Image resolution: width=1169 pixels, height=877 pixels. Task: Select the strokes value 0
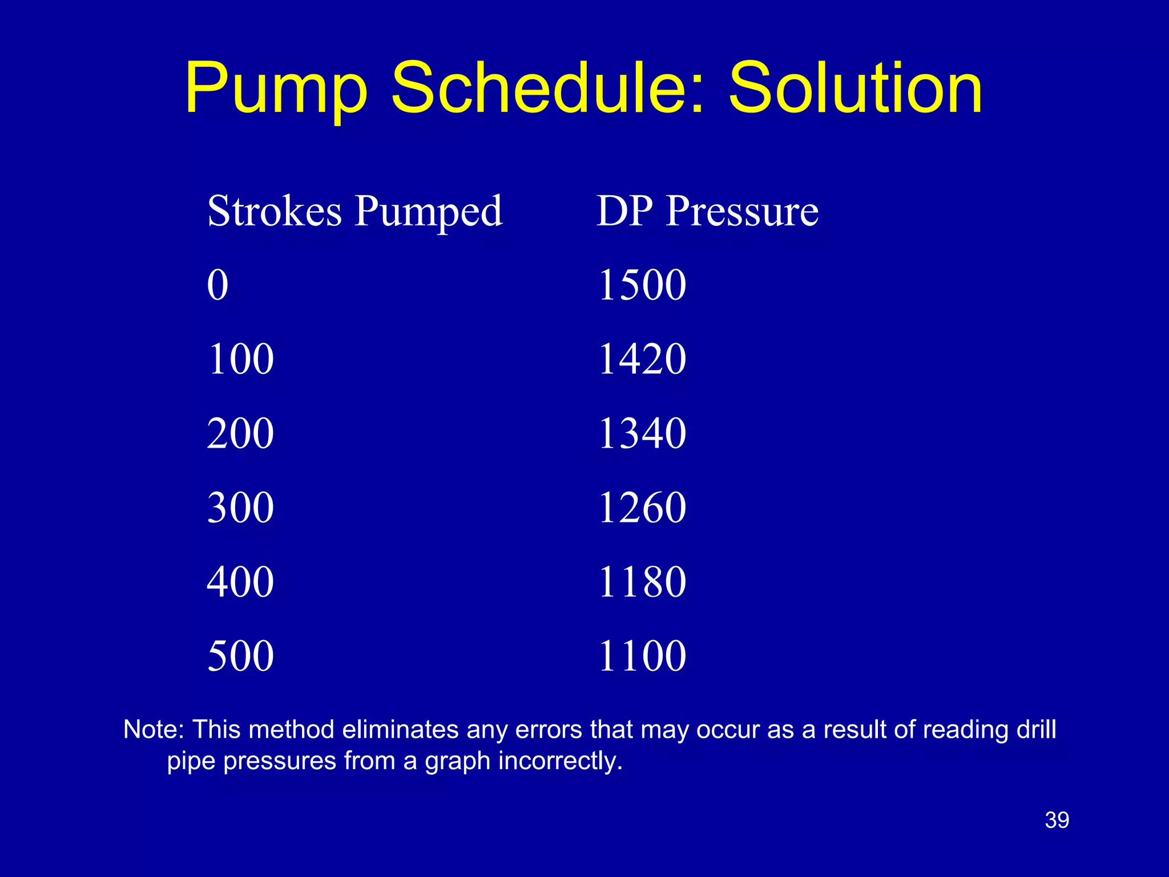point(217,285)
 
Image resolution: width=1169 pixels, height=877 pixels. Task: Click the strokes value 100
point(240,359)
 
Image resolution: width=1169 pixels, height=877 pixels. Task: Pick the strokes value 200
point(240,433)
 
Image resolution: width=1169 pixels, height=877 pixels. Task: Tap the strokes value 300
point(240,508)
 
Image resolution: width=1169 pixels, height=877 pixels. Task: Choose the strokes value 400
point(240,582)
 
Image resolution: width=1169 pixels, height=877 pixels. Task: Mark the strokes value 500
point(240,655)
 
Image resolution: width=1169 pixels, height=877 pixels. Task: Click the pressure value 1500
point(642,285)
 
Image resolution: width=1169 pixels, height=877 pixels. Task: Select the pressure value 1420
point(642,359)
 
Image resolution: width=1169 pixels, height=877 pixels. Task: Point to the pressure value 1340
point(642,433)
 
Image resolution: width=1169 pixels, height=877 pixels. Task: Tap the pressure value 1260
point(642,508)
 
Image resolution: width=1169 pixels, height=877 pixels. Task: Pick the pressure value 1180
point(642,582)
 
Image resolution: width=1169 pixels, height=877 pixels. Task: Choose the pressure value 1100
point(642,655)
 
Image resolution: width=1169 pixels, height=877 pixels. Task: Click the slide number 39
point(1057,820)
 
